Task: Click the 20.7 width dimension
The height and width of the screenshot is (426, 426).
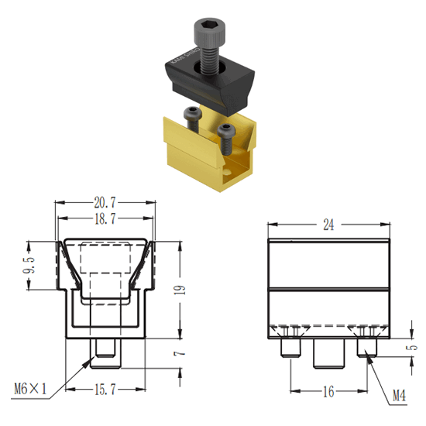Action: point(105,202)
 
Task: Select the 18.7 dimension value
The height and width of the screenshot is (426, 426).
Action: point(105,218)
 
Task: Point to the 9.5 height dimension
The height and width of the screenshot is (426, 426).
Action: point(29,265)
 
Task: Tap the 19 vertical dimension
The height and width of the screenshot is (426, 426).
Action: point(180,290)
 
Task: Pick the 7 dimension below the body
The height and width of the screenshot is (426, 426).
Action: point(180,353)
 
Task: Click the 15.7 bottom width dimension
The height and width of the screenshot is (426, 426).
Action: point(105,390)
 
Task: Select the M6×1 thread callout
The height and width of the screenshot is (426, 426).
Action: point(30,389)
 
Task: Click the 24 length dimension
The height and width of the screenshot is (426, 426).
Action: point(328,225)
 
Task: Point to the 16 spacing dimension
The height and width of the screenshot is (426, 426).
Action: point(328,391)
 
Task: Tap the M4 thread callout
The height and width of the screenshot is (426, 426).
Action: point(399,395)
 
